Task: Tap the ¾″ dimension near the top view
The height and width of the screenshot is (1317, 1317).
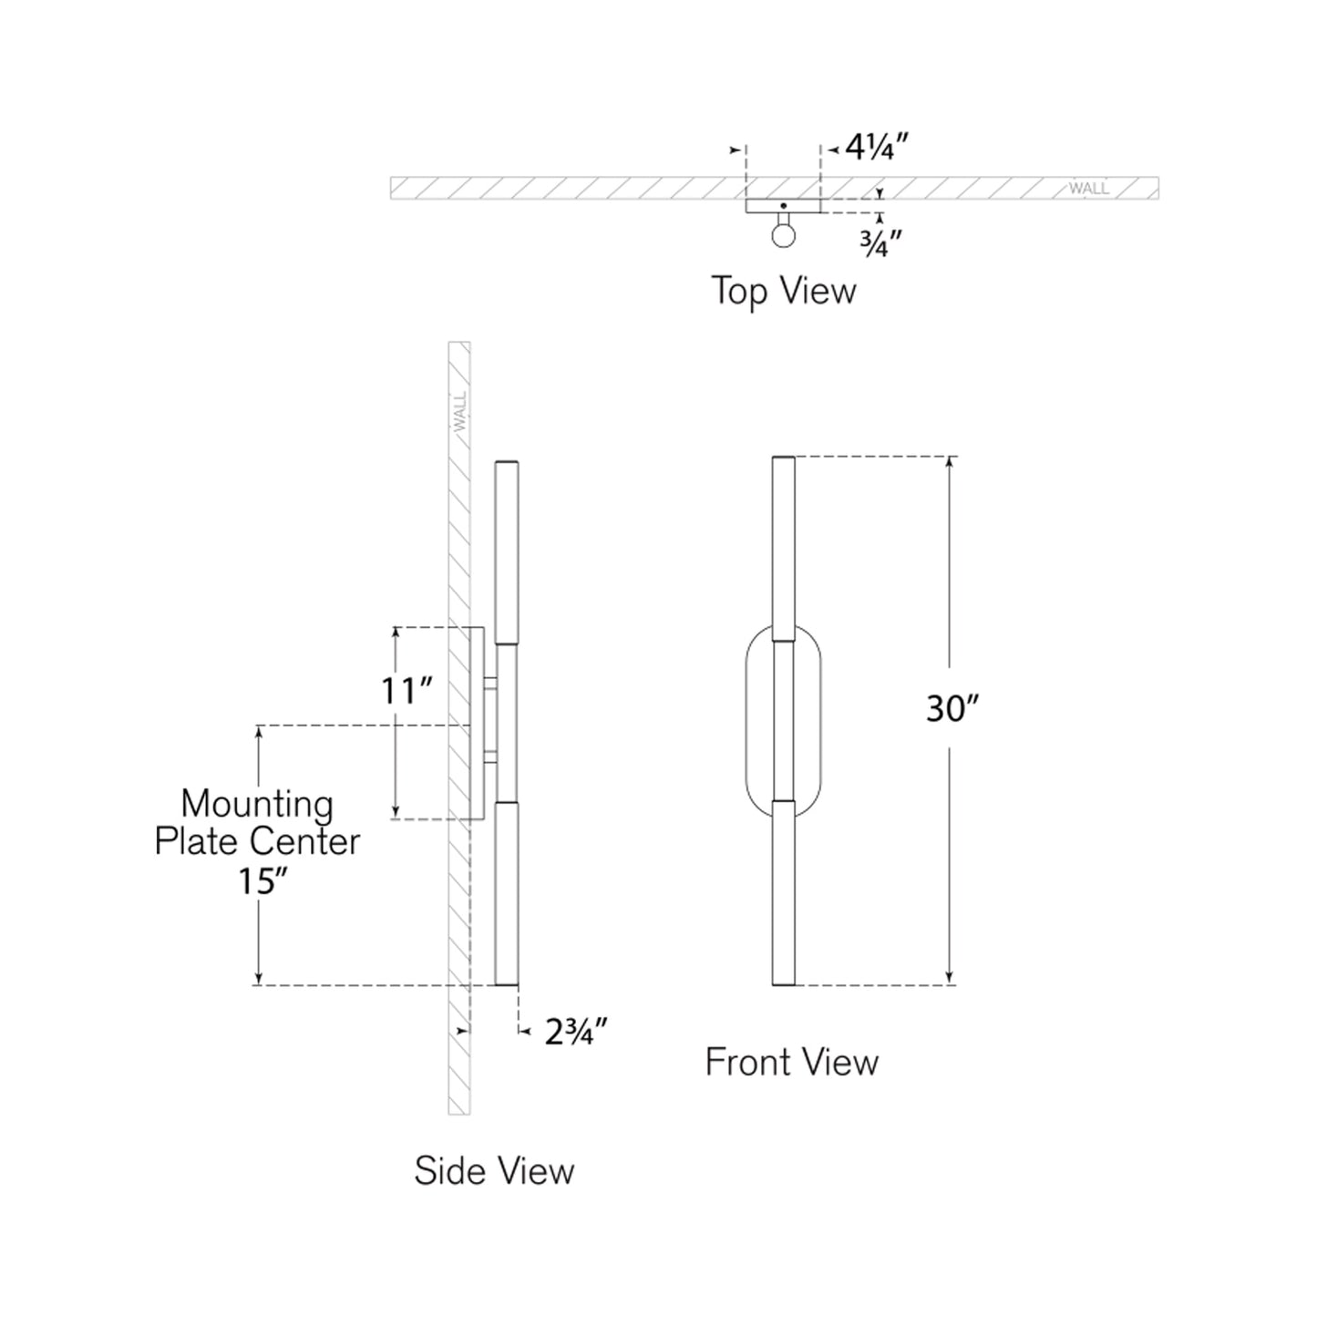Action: [x=881, y=243]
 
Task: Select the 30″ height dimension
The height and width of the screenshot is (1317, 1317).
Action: [x=952, y=707]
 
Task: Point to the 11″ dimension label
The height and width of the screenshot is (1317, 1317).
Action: [x=406, y=691]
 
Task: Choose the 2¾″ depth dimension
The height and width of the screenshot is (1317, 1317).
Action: [x=576, y=1033]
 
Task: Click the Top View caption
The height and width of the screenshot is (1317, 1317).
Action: [x=784, y=292]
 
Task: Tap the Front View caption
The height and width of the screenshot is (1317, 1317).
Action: [x=792, y=1063]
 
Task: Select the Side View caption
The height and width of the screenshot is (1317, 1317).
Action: [x=494, y=1171]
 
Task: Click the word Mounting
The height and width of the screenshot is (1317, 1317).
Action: [x=257, y=804]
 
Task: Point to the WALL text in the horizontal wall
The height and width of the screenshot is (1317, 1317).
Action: [x=1089, y=189]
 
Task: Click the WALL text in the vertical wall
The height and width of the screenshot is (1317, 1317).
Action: [x=459, y=411]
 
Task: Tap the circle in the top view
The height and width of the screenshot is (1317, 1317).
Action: [x=783, y=235]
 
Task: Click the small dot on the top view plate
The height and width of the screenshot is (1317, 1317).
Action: [x=783, y=206]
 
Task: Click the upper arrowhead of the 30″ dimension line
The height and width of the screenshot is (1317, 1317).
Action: [x=951, y=461]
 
